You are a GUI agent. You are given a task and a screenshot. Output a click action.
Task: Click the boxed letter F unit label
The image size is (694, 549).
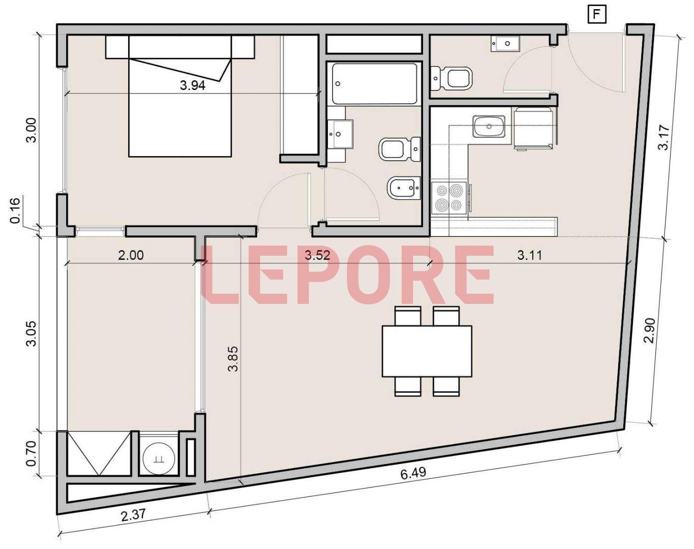597,15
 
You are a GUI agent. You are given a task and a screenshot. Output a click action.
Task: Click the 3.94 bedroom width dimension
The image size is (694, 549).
193,85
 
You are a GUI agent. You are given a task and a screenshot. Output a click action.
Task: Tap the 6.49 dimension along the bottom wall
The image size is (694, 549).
413,473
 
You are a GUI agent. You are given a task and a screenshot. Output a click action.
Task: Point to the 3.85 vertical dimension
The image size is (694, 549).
233,359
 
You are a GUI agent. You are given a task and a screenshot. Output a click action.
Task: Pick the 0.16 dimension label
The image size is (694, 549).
15,210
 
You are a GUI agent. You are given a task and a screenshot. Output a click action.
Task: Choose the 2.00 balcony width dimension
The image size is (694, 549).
131,256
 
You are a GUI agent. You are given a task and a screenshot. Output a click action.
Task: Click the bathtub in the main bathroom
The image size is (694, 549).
374,83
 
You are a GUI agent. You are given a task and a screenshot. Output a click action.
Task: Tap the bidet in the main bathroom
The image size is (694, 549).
404,188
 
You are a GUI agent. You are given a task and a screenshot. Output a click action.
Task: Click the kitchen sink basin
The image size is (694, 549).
489,127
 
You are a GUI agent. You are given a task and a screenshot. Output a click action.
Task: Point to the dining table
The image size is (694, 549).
427,351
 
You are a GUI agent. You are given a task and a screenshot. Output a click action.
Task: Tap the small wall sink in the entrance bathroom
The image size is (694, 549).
505,44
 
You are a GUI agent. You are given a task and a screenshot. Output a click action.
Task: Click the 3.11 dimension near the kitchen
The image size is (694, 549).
530,256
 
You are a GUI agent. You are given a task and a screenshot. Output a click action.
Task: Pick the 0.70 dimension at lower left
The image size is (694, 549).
32,453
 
